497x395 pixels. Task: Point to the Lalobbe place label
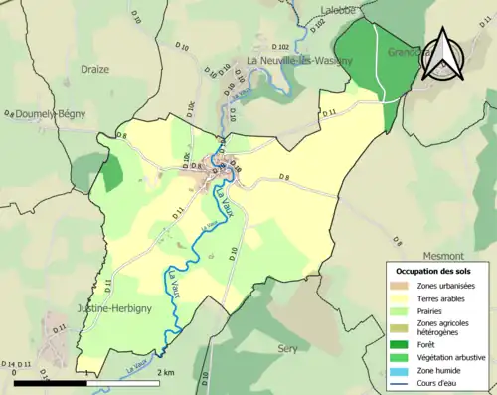pyautogui.click(x=338, y=8)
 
